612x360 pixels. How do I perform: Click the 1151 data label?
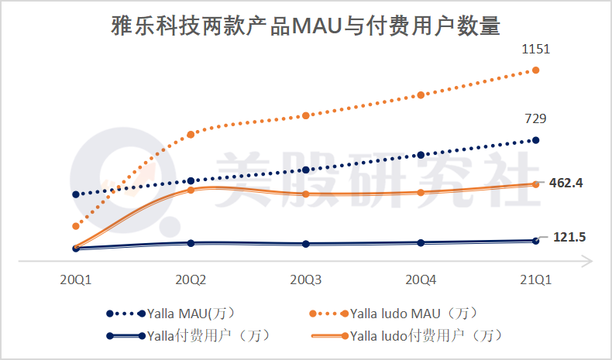[535, 50]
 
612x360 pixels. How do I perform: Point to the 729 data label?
[535, 118]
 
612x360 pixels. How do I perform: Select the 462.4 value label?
[565, 183]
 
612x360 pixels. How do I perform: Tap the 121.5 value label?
[569, 237]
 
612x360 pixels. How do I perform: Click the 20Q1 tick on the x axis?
[76, 279]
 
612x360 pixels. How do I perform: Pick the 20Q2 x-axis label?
[191, 279]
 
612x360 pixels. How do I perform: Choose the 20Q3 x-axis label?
[306, 279]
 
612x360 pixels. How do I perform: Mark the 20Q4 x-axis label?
[421, 279]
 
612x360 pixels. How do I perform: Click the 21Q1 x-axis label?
[535, 279]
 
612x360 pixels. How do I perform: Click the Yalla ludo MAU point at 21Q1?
[535, 70]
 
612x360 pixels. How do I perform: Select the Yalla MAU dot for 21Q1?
[535, 140]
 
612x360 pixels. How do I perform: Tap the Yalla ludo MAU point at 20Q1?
[76, 226]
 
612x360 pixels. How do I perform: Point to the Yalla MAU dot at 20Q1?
[76, 194]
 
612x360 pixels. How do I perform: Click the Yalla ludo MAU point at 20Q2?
[191, 135]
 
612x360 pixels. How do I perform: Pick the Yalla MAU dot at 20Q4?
[421, 155]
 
